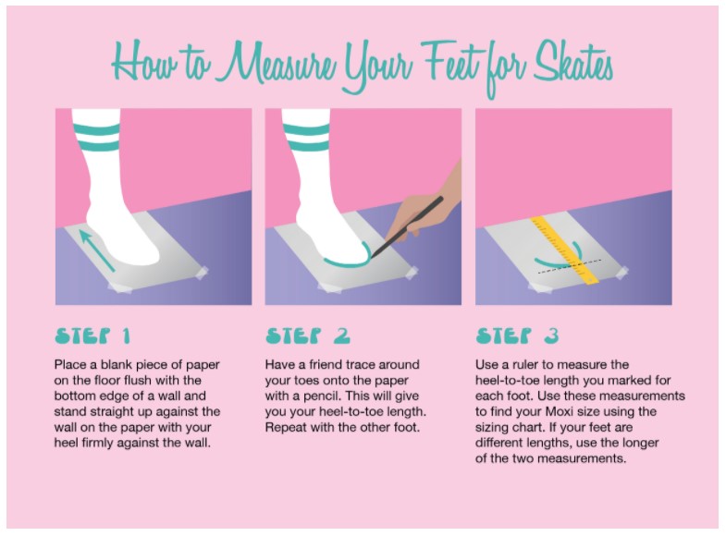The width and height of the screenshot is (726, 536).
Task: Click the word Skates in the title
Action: [x=573, y=65]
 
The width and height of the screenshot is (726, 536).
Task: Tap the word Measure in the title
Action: [x=277, y=64]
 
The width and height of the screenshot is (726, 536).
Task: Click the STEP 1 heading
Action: [x=92, y=335]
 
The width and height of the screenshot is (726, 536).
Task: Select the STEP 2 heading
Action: [x=308, y=335]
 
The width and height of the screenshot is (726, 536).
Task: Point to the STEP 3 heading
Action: [x=518, y=335]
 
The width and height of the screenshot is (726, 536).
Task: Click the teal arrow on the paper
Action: [x=96, y=250]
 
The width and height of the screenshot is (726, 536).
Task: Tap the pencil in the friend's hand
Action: [x=407, y=226]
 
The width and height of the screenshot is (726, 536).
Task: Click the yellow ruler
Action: [x=564, y=250]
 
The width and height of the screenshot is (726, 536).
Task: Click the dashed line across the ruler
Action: [x=570, y=266]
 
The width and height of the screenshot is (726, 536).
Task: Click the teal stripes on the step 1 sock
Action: [x=96, y=138]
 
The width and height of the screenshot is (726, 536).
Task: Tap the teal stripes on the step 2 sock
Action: [x=306, y=138]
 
